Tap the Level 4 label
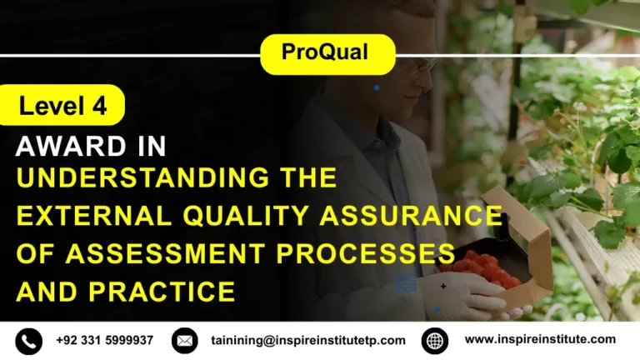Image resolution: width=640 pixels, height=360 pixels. pyautogui.click(x=62, y=106)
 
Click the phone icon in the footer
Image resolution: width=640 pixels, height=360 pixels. pyautogui.click(x=28, y=340)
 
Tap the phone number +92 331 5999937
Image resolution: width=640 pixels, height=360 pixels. pyautogui.click(x=105, y=340)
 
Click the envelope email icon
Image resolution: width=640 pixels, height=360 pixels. pyautogui.click(x=184, y=340)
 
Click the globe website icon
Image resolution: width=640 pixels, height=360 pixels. pyautogui.click(x=435, y=340)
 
